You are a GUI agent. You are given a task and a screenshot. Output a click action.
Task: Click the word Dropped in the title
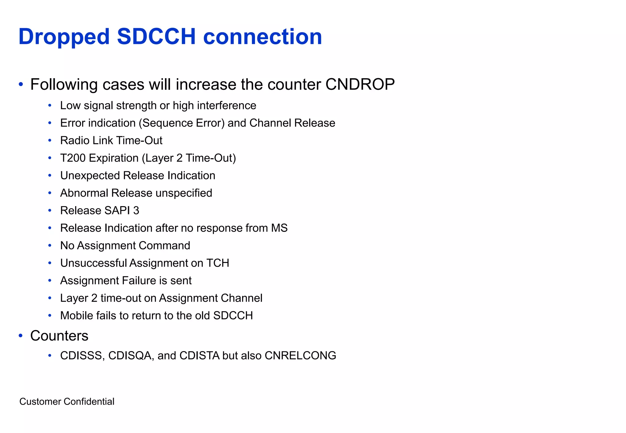pos(64,37)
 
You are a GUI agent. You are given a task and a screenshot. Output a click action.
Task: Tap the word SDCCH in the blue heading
pos(156,37)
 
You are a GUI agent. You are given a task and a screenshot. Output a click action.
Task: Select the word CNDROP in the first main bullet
pos(360,84)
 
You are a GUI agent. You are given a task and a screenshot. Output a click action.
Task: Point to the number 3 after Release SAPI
pos(136,211)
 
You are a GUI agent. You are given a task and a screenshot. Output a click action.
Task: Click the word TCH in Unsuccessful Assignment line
pos(218,263)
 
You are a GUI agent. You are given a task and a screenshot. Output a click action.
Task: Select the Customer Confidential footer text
pos(67,402)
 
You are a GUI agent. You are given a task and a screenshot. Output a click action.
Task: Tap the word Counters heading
pos(59,336)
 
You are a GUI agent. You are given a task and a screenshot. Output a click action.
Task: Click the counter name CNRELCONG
pos(300,356)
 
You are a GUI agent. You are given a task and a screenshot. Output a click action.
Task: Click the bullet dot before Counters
pos(21,336)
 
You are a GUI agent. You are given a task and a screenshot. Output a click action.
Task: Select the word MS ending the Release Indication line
pos(279,228)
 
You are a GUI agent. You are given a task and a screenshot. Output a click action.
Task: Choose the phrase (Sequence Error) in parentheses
pos(182,123)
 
